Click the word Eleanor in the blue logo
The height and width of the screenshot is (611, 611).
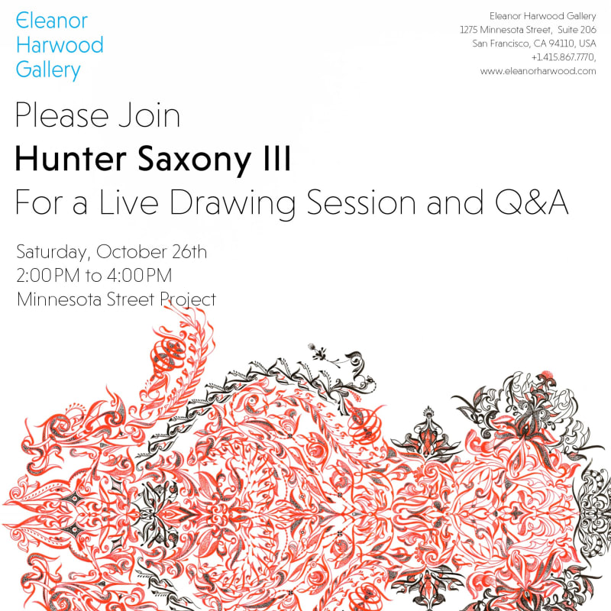tap(52, 21)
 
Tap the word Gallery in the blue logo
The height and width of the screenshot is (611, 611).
tap(48, 70)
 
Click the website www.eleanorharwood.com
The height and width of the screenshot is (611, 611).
tap(538, 71)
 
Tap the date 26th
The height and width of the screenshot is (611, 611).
tap(183, 253)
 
